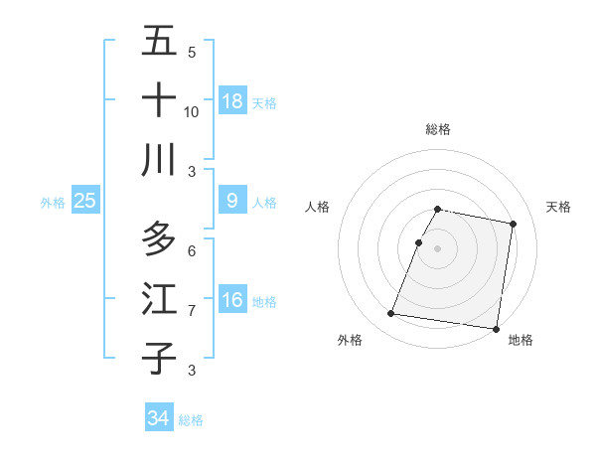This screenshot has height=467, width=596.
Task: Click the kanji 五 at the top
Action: (x=159, y=42)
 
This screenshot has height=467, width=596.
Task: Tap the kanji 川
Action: (x=159, y=160)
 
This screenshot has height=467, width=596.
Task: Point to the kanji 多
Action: (x=159, y=239)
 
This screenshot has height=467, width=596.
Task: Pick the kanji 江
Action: (x=159, y=299)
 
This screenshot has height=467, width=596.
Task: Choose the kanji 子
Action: (x=159, y=359)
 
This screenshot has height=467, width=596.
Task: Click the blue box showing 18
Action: (x=232, y=101)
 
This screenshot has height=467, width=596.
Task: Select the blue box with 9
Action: (x=232, y=201)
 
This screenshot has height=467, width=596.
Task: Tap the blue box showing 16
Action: (x=232, y=300)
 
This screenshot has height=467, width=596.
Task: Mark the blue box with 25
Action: (x=85, y=201)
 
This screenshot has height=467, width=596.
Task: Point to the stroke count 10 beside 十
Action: (x=192, y=111)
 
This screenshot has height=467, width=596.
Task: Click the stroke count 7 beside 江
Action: (x=192, y=311)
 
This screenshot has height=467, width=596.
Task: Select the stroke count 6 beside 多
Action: (x=192, y=250)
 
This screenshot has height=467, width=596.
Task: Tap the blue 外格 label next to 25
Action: (x=53, y=203)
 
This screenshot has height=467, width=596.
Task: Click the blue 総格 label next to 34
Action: (x=191, y=420)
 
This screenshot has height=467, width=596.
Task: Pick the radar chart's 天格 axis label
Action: (x=558, y=207)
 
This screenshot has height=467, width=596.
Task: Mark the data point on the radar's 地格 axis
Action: (x=495, y=328)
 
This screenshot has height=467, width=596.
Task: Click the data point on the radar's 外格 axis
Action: (x=391, y=314)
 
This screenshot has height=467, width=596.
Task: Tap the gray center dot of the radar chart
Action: (x=437, y=248)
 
